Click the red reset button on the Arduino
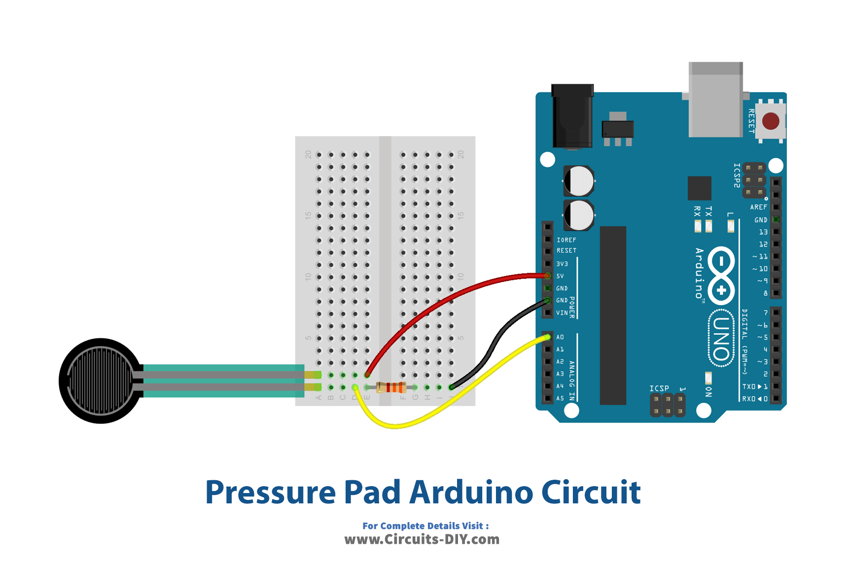click(771, 121)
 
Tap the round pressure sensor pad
click(101, 380)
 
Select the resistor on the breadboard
click(391, 388)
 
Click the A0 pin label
click(560, 337)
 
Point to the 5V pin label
click(560, 276)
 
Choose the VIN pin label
click(562, 313)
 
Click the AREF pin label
click(758, 207)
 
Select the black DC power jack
click(572, 117)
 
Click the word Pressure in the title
click(270, 492)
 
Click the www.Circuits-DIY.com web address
click(422, 539)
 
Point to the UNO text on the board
click(721, 339)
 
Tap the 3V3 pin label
click(562, 264)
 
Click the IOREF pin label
click(566, 240)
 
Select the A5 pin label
click(560, 398)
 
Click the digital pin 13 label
click(763, 232)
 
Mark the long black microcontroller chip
click(613, 316)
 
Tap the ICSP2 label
click(737, 176)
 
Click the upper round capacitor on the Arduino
click(579, 181)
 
